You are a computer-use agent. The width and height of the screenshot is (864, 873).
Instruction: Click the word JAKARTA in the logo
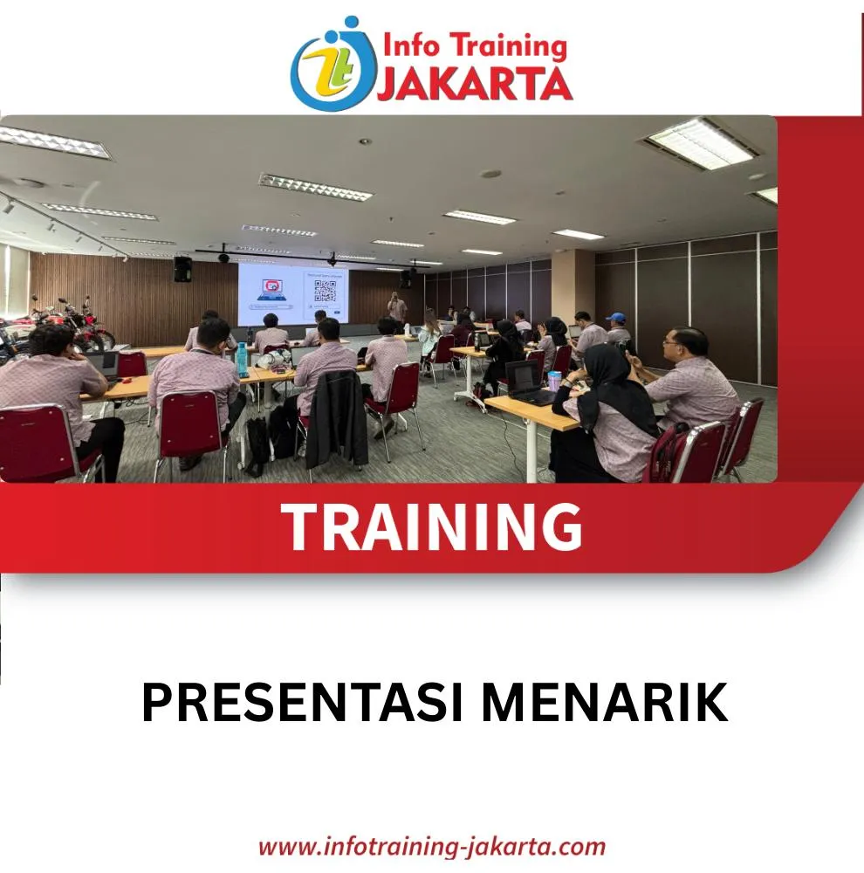click(x=475, y=84)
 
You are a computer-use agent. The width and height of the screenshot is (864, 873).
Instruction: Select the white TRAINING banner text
click(x=432, y=526)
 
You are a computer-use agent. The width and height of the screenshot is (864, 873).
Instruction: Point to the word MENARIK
click(x=605, y=703)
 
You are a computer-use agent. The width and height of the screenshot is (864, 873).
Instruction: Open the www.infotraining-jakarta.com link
click(x=432, y=847)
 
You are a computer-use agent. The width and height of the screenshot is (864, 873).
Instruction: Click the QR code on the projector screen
click(x=325, y=290)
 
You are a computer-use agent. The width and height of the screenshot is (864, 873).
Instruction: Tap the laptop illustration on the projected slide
click(x=271, y=291)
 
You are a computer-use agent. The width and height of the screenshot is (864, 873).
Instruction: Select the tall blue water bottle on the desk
click(x=241, y=360)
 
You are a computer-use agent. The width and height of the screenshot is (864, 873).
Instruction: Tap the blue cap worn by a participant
click(x=616, y=318)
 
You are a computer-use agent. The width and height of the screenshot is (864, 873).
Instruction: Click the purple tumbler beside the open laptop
click(x=554, y=381)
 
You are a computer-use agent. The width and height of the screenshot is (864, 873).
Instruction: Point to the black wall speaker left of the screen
click(x=182, y=269)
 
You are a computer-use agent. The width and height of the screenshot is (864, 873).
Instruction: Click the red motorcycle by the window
click(x=84, y=326)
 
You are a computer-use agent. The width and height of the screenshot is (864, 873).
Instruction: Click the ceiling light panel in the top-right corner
click(x=700, y=143)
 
